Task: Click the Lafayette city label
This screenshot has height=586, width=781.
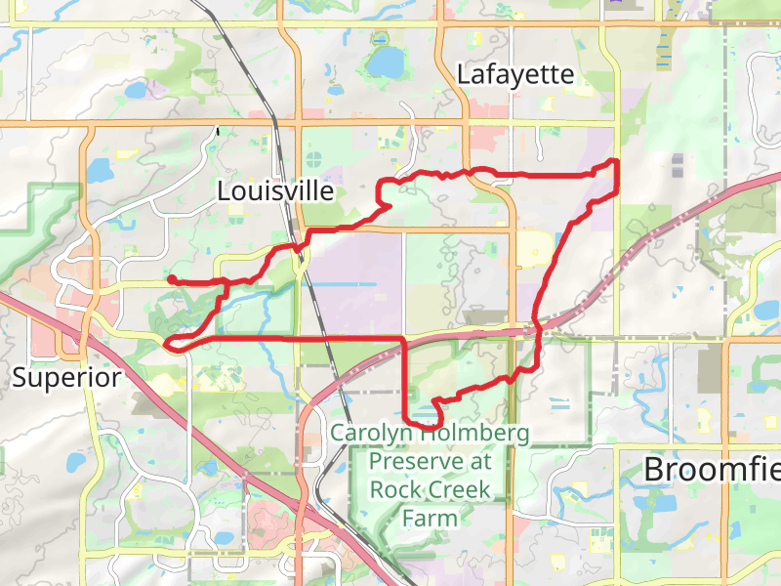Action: pos(514,75)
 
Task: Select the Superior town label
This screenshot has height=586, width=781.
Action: pos(66,377)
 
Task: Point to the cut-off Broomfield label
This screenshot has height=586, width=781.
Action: pos(712,469)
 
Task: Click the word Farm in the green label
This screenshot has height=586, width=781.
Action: pos(430,518)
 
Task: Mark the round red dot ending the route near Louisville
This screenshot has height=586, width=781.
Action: pos(172,279)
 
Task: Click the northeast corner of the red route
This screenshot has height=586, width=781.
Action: pos(616,161)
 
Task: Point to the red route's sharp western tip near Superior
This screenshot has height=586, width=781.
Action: pos(169,343)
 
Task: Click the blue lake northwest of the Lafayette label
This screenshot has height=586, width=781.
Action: pos(385,63)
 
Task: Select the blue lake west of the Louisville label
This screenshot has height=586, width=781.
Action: pos(100,172)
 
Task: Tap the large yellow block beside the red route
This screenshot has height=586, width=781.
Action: pos(533,250)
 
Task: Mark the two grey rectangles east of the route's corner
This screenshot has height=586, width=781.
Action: pos(678,166)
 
